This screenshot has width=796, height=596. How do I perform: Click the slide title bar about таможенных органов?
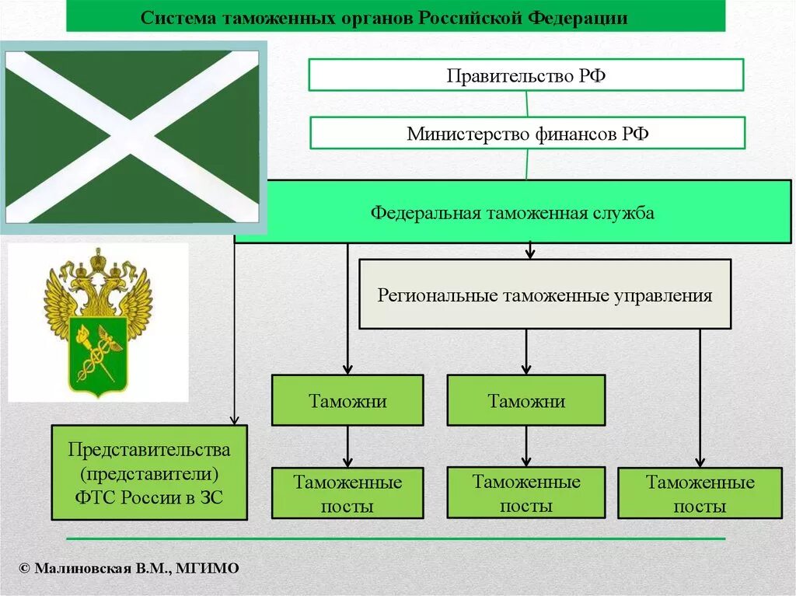(395, 17)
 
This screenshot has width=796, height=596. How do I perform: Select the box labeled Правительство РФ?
(526, 75)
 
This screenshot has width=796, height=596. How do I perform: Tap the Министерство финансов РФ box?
(528, 133)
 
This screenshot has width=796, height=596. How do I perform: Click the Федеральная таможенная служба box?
(512, 212)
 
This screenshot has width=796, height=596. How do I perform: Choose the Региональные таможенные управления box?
(545, 295)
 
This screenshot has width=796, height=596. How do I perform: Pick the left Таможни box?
(347, 400)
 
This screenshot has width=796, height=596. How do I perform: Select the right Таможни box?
(526, 400)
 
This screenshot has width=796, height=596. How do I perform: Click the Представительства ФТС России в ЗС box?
(149, 472)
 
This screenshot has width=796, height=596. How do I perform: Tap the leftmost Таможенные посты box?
(347, 493)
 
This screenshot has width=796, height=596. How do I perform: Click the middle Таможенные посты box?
(526, 493)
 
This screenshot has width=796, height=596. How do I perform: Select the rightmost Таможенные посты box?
(700, 493)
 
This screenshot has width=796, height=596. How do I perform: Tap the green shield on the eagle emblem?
(98, 354)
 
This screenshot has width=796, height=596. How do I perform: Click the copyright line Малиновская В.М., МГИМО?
(129, 569)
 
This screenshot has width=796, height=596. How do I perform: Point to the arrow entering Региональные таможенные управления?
(530, 251)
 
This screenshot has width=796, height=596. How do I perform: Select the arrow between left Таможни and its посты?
(347, 447)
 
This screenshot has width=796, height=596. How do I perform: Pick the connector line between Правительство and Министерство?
(527, 104)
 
